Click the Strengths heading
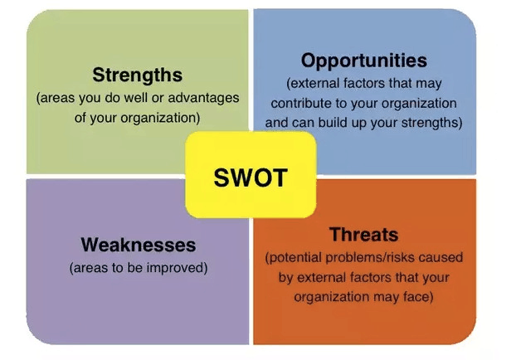coord(137,75)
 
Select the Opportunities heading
coord(364,61)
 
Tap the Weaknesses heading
coord(139,245)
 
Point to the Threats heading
coord(364,235)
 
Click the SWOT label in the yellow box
coord(251,178)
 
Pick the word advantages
coord(203,98)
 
